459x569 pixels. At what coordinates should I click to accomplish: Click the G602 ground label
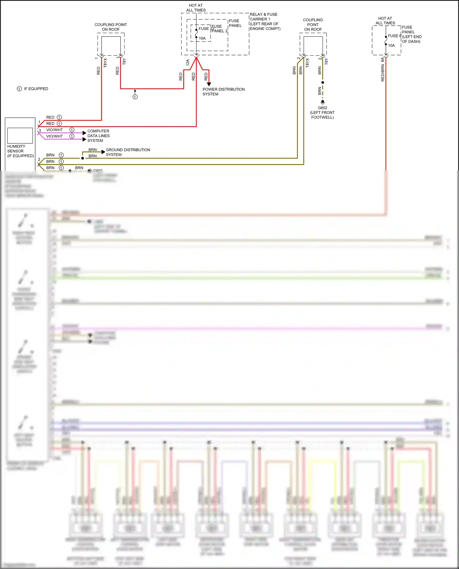(322, 108)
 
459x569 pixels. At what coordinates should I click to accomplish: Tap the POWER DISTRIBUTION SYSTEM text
(223, 92)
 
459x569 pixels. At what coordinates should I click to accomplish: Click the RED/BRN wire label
(382, 73)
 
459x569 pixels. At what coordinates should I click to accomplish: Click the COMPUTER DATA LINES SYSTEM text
(98, 136)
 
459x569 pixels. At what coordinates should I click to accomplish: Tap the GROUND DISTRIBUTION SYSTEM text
(128, 152)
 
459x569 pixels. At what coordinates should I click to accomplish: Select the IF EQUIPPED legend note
(32, 89)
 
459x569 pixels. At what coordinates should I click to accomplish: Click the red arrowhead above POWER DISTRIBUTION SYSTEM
(209, 84)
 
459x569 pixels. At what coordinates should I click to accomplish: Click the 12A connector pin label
(188, 62)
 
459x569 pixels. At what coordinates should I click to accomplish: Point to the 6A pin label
(382, 60)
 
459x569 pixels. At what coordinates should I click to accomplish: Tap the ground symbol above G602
(323, 102)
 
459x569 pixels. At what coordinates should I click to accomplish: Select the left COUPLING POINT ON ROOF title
(110, 27)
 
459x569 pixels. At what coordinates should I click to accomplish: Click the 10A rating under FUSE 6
(391, 46)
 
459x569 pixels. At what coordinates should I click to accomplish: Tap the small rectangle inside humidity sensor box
(20, 135)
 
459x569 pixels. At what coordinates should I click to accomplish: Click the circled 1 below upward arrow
(135, 97)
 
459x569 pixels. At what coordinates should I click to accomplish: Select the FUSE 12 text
(205, 29)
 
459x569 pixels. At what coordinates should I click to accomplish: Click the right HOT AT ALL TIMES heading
(385, 21)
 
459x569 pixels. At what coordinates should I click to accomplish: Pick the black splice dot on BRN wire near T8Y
(323, 83)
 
